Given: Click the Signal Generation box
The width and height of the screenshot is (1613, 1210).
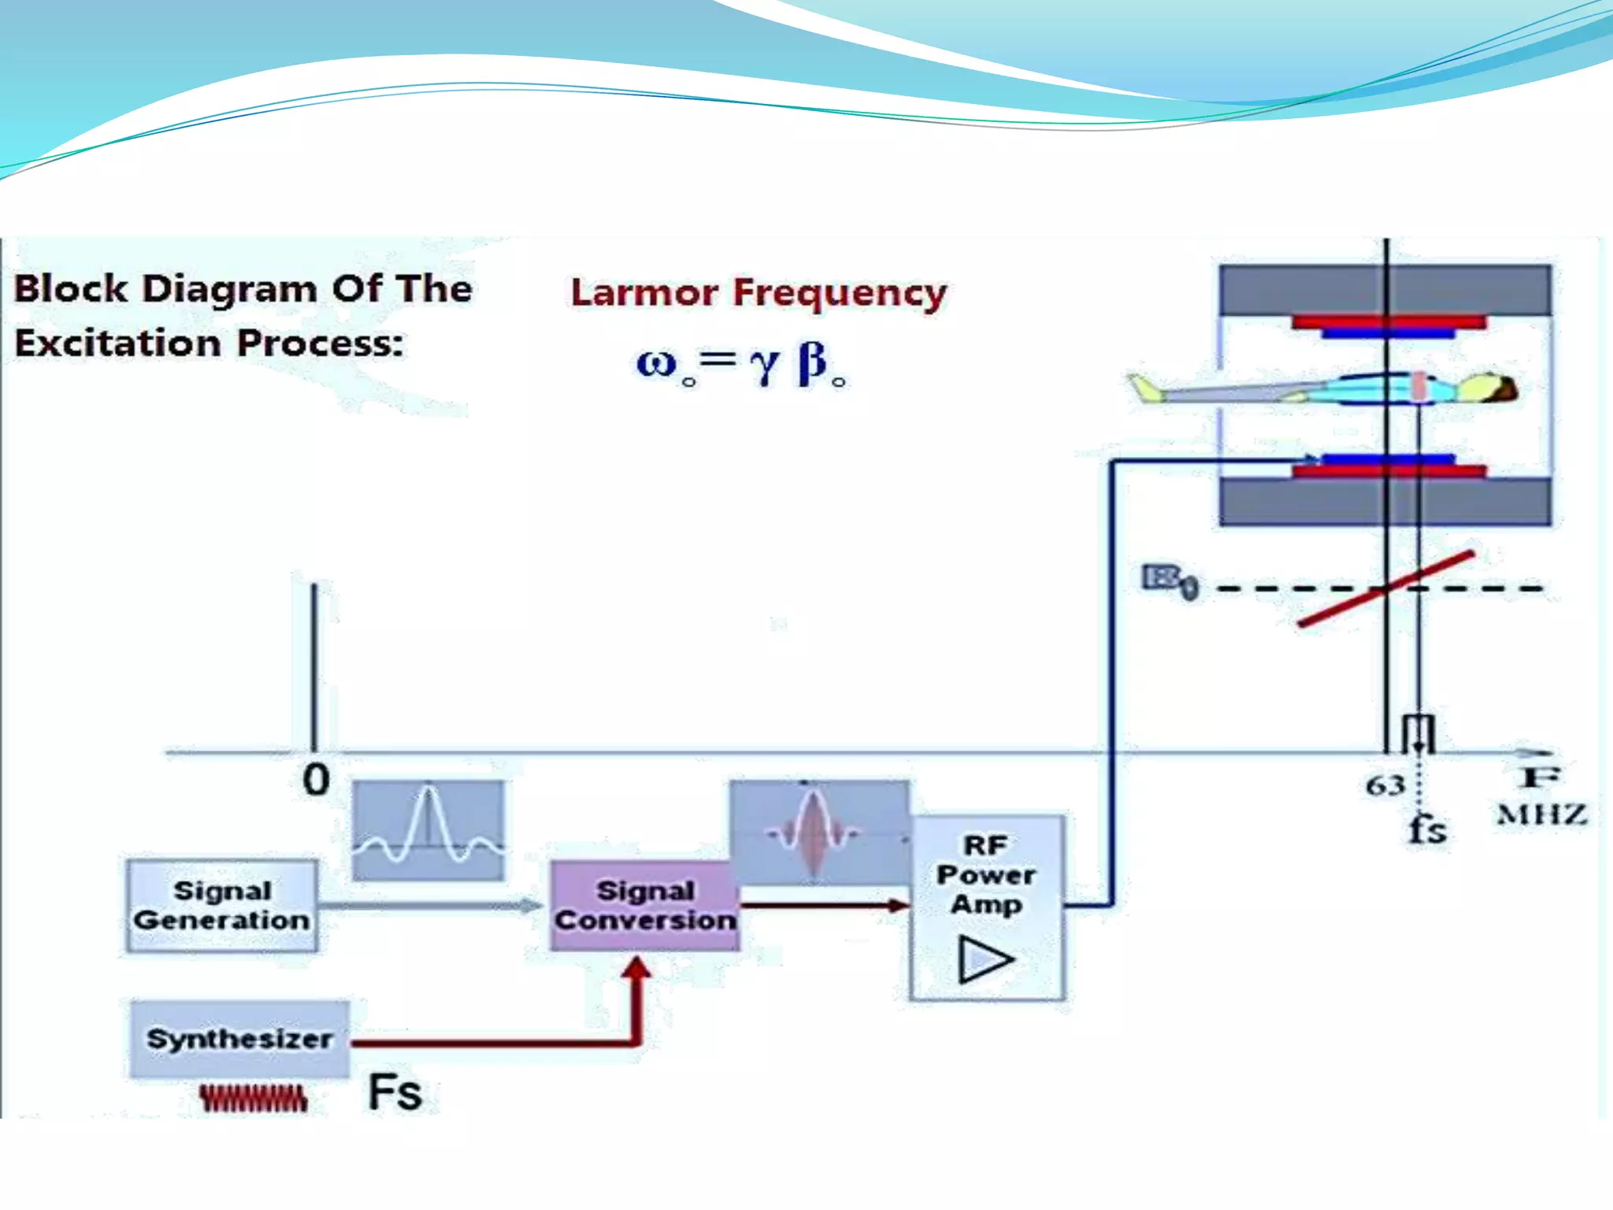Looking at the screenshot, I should point(222,905).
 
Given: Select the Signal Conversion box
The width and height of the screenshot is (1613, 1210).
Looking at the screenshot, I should point(644,905).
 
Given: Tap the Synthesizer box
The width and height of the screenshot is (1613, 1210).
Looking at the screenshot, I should point(239,1038).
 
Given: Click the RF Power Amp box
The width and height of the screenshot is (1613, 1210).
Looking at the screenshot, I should point(987,906).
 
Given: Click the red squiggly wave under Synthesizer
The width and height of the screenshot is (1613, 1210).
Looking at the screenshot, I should point(253,1098).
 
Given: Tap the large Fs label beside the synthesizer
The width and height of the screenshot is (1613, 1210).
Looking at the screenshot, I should point(395,1093).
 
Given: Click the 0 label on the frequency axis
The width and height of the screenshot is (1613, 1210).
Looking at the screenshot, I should point(316,780).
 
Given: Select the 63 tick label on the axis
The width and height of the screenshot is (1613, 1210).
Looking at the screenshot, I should point(1385,785).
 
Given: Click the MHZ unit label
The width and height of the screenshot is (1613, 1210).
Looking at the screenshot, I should point(1541,815).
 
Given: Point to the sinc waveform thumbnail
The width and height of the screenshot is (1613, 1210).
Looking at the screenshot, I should point(428,830).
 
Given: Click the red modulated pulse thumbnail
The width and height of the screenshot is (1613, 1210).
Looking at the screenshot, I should point(815,832).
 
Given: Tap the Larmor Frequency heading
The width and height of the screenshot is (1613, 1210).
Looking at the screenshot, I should point(758,293).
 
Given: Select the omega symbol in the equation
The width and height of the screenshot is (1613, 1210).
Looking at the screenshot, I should point(657,363).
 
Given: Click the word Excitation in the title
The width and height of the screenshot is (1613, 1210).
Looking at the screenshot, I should point(118,343).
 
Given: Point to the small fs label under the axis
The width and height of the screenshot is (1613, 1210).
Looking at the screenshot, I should point(1427,829).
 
